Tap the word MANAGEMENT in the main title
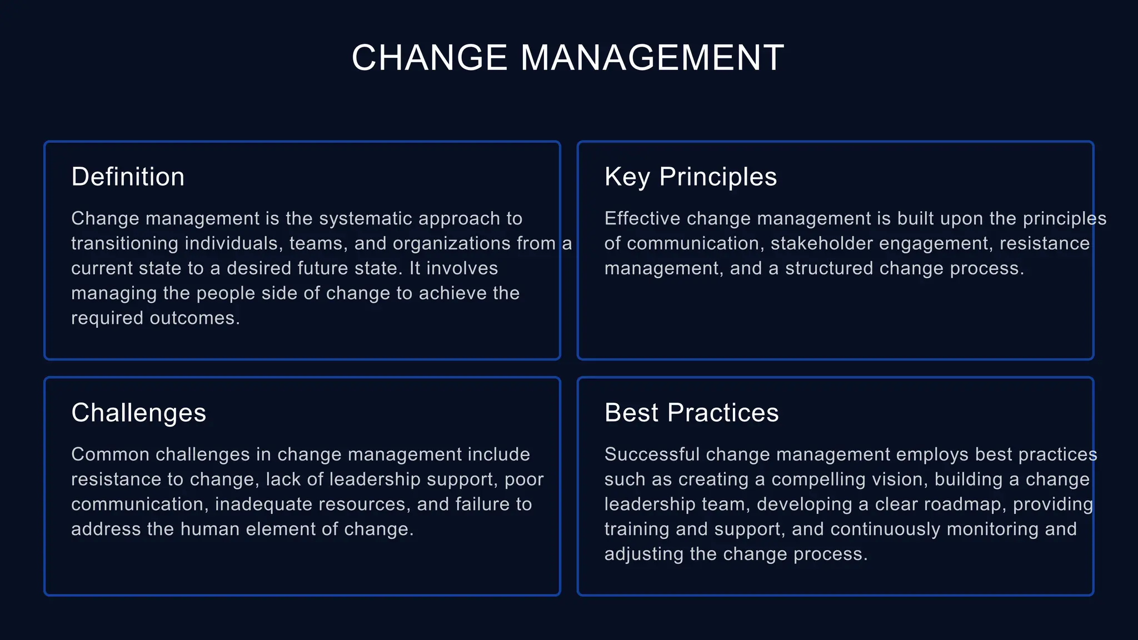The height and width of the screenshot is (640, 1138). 652,58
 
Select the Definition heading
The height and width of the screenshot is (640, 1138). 128,177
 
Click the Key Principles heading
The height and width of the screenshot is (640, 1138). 691,177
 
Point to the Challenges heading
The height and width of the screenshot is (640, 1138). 139,413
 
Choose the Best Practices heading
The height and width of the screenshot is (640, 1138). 692,413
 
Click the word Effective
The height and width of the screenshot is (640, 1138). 642,218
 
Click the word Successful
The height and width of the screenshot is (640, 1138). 652,454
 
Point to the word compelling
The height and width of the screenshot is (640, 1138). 814,479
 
